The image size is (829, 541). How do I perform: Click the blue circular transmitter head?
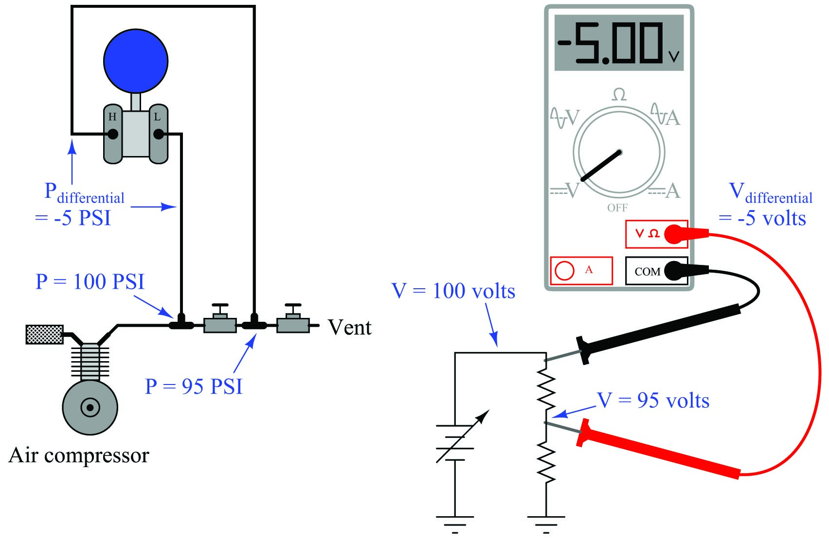[x=136, y=61]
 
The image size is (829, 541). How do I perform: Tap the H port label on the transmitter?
[x=112, y=117]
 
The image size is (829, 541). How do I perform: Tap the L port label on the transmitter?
[x=157, y=117]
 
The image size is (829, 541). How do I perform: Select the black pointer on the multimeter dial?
[x=601, y=166]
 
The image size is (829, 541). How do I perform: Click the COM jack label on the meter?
[x=647, y=272]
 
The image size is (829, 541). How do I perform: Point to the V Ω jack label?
[x=647, y=234]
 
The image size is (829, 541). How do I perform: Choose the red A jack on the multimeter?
[x=565, y=270]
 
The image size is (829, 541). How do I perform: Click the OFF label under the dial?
[x=617, y=208]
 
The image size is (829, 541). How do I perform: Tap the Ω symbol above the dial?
[x=619, y=94]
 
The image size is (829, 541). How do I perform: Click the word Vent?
[x=349, y=328]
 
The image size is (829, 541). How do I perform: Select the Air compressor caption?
[x=79, y=455]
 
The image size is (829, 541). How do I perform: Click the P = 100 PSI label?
[x=90, y=282]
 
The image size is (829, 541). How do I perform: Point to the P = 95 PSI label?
[x=194, y=386]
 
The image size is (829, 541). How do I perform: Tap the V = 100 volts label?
[x=453, y=291]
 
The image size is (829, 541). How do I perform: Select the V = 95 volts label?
[x=653, y=401]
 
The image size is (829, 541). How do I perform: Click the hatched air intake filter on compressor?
[x=44, y=334]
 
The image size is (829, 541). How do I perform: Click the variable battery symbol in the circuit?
[x=455, y=442]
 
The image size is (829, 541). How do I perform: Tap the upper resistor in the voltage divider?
[x=546, y=389]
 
